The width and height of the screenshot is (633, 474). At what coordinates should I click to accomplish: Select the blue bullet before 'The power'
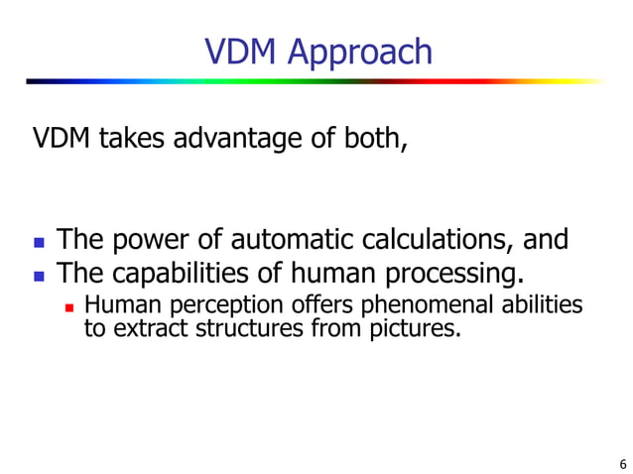tap(39, 242)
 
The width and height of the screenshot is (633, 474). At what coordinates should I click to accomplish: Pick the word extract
tap(142, 328)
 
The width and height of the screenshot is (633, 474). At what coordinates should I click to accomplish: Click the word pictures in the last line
tap(423, 328)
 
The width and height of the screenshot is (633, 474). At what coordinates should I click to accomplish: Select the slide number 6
tap(621, 463)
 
